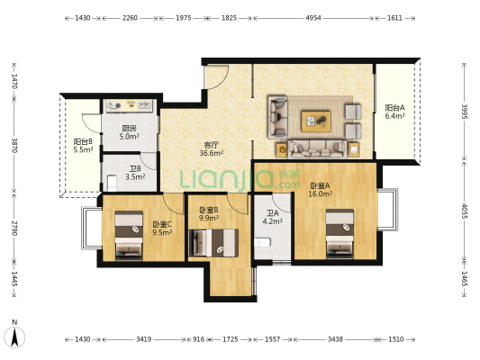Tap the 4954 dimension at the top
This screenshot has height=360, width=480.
tap(313, 18)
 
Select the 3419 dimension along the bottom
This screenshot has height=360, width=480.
tap(143, 339)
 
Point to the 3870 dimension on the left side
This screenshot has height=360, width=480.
tap(14, 145)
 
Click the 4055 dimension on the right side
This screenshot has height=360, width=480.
tap(464, 211)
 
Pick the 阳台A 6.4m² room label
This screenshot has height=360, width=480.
tap(395, 112)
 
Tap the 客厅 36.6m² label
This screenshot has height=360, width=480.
tap(212, 148)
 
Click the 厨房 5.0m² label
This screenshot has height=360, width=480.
tap(129, 132)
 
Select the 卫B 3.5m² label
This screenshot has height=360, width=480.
tap(135, 173)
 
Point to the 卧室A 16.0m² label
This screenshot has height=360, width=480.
tap(321, 190)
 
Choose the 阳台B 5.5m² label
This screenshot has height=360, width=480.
tap(83, 146)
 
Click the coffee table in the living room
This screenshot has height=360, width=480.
tap(316, 121)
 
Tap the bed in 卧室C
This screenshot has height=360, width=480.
tap(129, 234)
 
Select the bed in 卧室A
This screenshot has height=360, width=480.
tap(340, 233)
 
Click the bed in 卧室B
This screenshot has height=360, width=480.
tap(213, 243)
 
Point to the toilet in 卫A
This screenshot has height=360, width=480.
tap(263, 243)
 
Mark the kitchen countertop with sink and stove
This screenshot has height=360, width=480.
tap(129, 106)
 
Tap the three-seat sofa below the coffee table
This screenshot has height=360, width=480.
tap(318, 148)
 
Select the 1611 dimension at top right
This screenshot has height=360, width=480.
tap(394, 18)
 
